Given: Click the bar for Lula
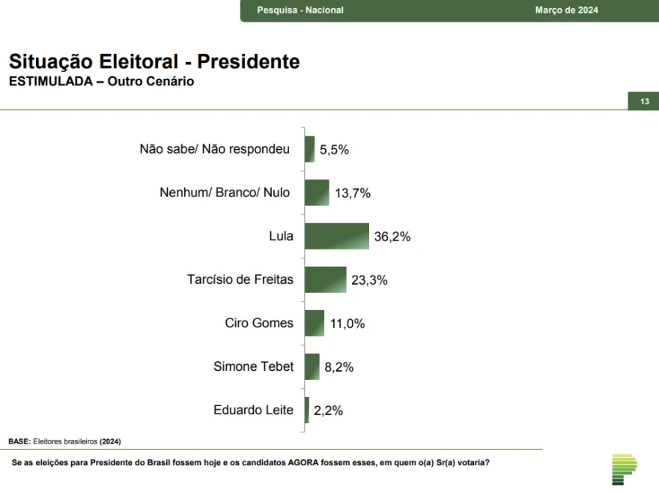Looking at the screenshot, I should tap(337, 236).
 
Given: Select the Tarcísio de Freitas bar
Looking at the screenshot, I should tap(326, 279).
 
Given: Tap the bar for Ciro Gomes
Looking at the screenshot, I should tap(315, 323).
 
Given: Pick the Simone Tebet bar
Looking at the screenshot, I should tap(312, 366).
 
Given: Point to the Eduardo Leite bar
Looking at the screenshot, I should tap(307, 410).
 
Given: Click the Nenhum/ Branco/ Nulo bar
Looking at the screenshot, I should tap(317, 193).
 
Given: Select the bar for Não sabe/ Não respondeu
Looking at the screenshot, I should tap(310, 149).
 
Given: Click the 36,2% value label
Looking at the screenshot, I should tap(392, 237).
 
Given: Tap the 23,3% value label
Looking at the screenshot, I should tap(369, 280).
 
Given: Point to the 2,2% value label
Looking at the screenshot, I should tap(328, 411).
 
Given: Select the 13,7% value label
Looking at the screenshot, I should tap(353, 193).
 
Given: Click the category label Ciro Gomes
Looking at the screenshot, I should tap(259, 323).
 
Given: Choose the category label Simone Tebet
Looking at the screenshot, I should tap(253, 366).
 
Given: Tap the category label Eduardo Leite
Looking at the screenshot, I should tap(253, 410).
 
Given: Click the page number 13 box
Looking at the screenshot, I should tap(643, 102).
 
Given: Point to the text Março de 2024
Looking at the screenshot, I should tap(566, 10).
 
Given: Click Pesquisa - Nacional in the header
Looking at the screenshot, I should tap(300, 10).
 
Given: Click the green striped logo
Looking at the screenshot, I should tap(624, 469).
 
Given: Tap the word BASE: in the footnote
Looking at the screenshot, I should tap(19, 441).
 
